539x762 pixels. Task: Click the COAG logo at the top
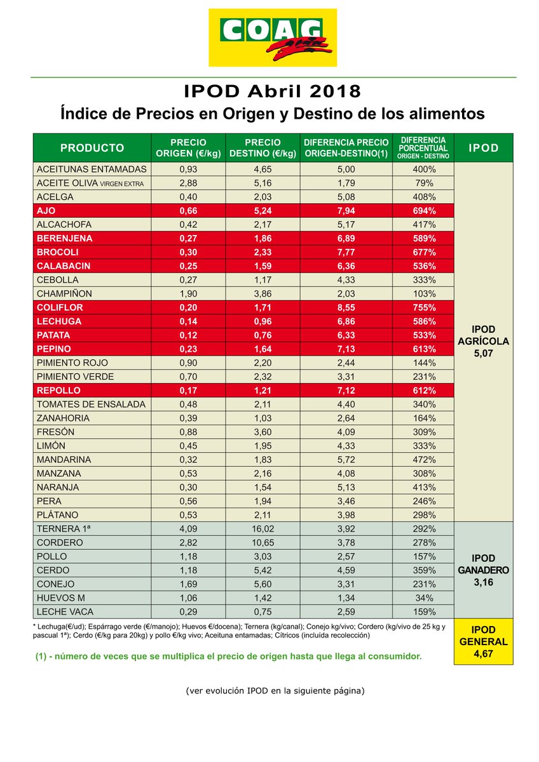(x=273, y=38)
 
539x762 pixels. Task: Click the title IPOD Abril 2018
(x=272, y=91)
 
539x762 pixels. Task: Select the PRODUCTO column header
(x=92, y=148)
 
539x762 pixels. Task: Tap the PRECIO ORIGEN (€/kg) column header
(x=188, y=148)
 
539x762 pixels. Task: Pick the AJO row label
(x=48, y=211)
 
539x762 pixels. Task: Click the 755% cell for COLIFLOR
(x=423, y=307)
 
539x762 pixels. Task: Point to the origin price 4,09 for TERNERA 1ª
(x=188, y=529)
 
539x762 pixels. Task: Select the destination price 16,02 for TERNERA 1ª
(x=263, y=529)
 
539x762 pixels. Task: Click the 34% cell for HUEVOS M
(x=423, y=598)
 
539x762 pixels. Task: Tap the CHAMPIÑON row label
(x=64, y=294)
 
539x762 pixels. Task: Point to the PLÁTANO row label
(x=58, y=515)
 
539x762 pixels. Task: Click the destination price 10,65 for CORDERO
(x=263, y=543)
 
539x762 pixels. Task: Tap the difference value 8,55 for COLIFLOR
(x=345, y=307)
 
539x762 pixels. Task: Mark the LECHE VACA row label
(x=65, y=612)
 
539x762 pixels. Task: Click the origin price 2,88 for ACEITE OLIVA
(x=188, y=184)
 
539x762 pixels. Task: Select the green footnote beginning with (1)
(x=228, y=655)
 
